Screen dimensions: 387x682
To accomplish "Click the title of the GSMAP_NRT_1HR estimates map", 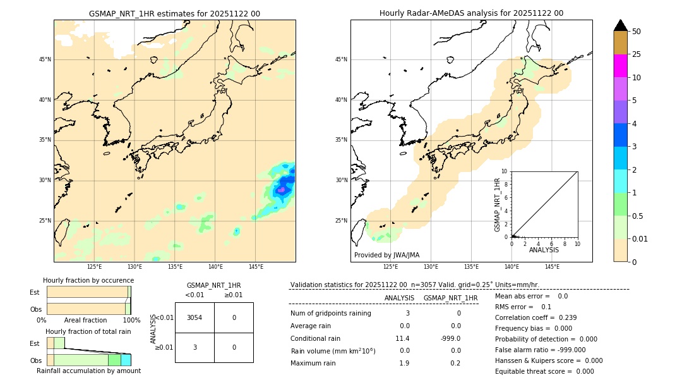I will click(x=174, y=13).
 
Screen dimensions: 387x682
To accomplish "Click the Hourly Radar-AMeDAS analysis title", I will click(x=471, y=13).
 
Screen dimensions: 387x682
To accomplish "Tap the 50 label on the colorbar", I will click(x=637, y=31).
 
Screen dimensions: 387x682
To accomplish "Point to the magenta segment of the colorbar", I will click(x=620, y=66).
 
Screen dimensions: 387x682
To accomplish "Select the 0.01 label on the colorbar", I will click(x=640, y=238).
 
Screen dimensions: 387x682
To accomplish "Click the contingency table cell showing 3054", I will click(x=194, y=317).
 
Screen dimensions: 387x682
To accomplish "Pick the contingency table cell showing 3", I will click(x=194, y=347).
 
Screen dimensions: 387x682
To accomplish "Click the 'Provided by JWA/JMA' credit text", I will click(x=386, y=255).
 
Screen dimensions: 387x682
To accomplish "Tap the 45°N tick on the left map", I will click(x=45, y=59).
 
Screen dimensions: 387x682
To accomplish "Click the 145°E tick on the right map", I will click(x=552, y=267).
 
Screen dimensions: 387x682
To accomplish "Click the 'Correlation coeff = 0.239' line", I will click(x=535, y=317).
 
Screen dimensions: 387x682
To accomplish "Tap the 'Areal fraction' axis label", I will click(x=85, y=320).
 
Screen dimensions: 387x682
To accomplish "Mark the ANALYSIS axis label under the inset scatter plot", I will click(x=544, y=250).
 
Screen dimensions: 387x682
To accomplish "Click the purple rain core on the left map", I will click(x=282, y=189).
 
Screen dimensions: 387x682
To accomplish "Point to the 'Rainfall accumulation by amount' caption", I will click(x=88, y=371).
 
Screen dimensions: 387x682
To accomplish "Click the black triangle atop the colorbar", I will click(x=620, y=25).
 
